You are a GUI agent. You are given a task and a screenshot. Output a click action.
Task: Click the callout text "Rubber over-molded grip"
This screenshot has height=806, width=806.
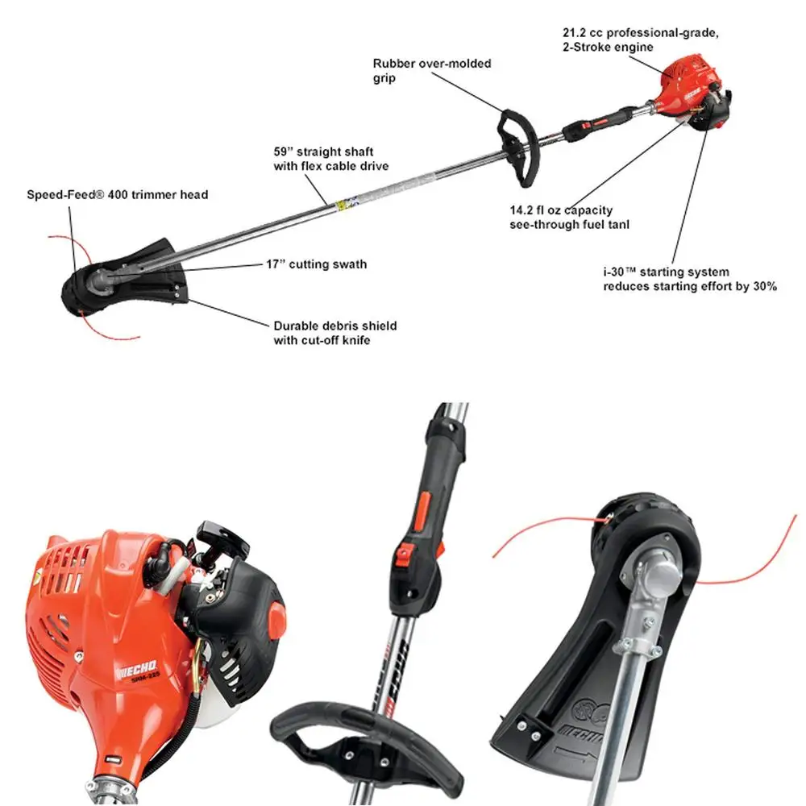pyautogui.click(x=431, y=71)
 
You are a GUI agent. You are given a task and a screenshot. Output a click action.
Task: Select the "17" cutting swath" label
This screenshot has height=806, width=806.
pyautogui.click(x=316, y=264)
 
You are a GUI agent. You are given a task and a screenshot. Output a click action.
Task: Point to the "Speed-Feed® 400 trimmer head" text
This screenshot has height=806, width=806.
pyautogui.click(x=118, y=194)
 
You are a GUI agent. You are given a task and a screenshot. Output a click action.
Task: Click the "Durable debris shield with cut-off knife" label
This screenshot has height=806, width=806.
pyautogui.click(x=334, y=333)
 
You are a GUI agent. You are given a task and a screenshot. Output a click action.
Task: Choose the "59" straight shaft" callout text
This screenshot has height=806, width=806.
pyautogui.click(x=330, y=158)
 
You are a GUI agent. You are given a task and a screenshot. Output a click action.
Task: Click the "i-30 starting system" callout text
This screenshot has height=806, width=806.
pyautogui.click(x=690, y=279)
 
